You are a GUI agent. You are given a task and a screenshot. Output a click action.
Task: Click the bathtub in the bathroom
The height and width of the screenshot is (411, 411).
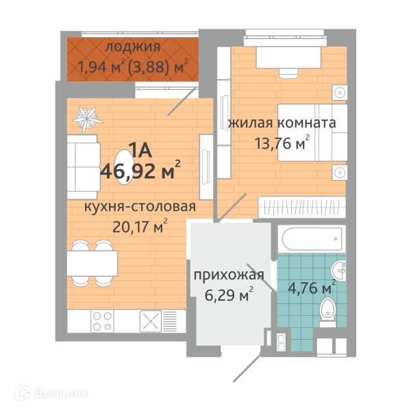312,239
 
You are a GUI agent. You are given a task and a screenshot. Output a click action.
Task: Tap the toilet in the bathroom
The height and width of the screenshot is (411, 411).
327,312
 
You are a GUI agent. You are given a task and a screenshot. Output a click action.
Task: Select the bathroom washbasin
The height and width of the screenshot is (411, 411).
338,271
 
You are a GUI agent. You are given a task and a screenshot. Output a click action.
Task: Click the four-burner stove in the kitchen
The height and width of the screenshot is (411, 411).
102,321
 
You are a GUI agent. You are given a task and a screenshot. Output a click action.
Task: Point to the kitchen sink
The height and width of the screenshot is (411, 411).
151,321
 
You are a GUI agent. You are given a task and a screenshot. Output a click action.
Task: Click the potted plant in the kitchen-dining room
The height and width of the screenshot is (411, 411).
87,119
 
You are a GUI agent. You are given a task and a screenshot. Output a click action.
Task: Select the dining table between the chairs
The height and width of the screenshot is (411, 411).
92,263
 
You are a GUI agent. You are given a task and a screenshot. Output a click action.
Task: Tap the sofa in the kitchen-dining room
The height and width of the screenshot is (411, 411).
84,167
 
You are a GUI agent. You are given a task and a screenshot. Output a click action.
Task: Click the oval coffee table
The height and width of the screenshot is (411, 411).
124,167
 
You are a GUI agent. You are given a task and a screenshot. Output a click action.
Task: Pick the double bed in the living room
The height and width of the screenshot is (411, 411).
312,132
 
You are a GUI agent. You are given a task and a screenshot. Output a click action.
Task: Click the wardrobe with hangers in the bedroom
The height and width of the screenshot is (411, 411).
301,207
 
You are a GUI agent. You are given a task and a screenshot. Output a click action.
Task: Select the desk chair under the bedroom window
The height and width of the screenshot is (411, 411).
288,73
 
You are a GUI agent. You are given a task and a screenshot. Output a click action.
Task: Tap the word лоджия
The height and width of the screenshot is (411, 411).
133,47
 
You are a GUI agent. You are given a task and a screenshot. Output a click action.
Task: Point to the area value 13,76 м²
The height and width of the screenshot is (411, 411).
282,142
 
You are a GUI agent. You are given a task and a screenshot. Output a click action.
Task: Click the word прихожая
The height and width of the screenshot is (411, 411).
229,275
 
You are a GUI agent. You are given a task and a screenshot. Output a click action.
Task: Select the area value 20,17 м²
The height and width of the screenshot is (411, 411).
140,226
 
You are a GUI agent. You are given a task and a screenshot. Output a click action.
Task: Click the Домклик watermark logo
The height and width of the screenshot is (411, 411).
51,393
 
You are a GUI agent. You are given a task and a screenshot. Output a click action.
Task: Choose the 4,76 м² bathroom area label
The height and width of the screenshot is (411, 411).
312,288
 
